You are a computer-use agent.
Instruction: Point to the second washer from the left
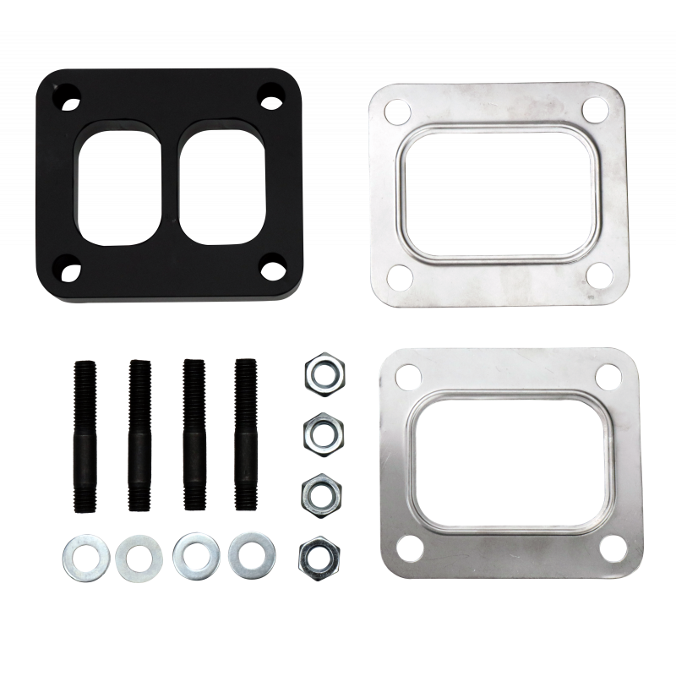tap(139, 556)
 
